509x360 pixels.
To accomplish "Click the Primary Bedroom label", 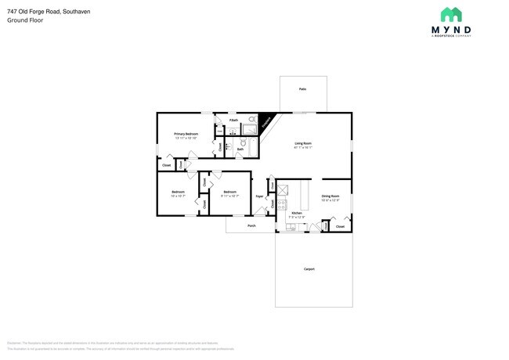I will point(186,135).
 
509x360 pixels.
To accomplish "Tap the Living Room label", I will point(303,144).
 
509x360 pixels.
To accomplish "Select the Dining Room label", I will point(330,196).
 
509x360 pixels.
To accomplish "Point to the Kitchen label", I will point(297,213).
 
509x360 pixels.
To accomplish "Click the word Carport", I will point(309,269).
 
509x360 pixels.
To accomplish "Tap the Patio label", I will point(302,89).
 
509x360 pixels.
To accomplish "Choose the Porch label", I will point(251,225).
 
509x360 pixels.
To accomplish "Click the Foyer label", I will point(259,196).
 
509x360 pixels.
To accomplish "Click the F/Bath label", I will point(233,121).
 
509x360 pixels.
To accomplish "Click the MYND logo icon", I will point(451,14).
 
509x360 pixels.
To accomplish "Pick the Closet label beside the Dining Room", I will point(340,226).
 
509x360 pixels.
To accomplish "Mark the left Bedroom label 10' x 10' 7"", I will point(179,193).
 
